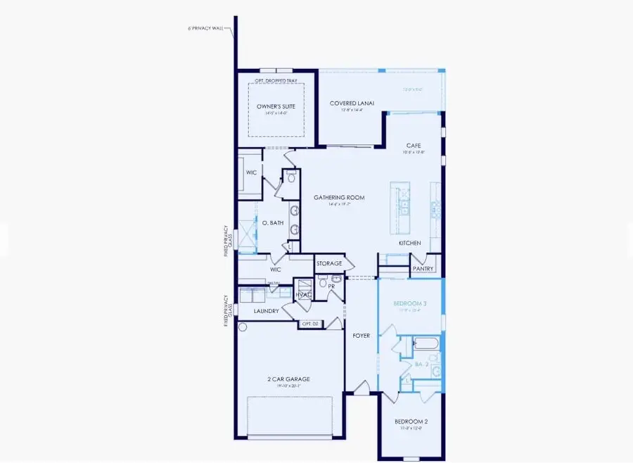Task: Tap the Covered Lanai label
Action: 352,103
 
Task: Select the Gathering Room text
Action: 339,198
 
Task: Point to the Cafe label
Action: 414,146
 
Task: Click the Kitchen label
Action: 409,243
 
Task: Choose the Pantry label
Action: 423,268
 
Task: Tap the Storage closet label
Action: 329,264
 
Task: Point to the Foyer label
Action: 362,336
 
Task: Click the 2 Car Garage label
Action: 288,379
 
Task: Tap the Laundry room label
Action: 267,310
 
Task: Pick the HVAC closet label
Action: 303,294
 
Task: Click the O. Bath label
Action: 272,224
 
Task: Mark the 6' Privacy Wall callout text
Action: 206,29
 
